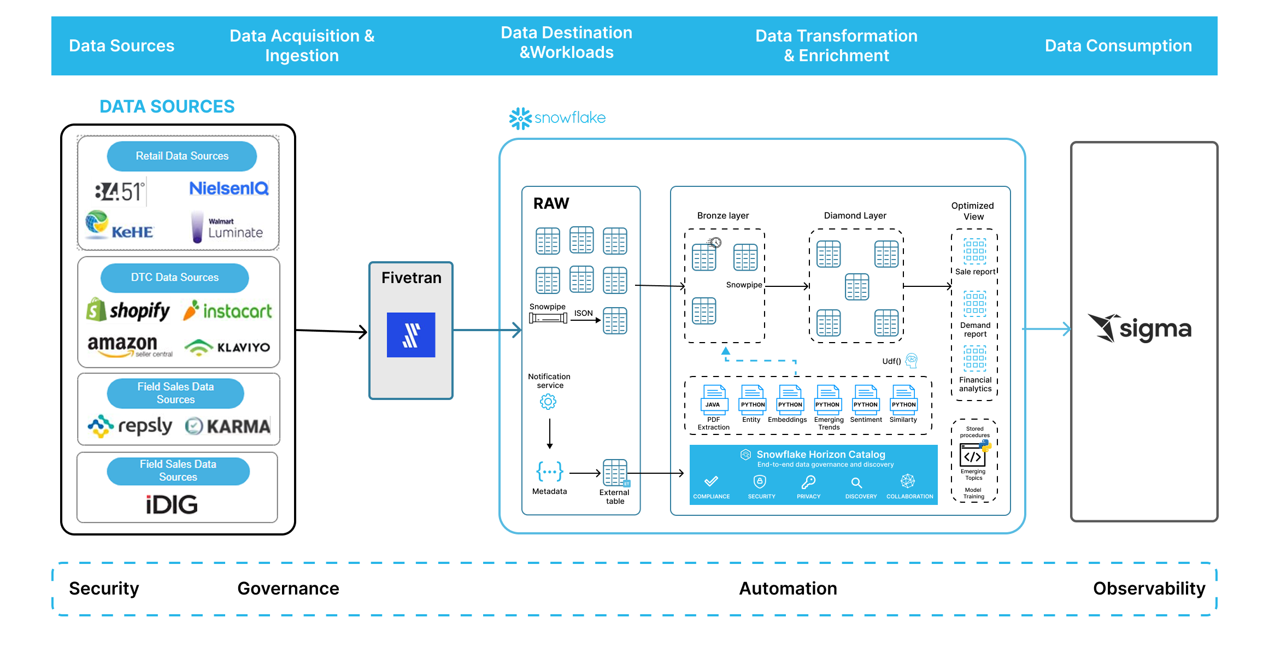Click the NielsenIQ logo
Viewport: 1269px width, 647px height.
pos(228,189)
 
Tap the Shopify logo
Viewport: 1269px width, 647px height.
pos(128,310)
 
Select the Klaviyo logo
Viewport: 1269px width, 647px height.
pos(227,348)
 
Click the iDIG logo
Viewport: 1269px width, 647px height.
pos(172,504)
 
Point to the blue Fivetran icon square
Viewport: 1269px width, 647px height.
pos(411,335)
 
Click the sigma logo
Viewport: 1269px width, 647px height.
pos(1140,328)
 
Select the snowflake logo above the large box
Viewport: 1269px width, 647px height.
pos(557,118)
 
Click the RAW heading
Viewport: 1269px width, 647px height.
pos(551,203)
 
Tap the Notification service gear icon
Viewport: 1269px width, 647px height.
pos(548,402)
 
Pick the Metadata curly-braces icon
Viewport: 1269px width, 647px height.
pos(549,471)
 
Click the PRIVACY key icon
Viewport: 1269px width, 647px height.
pos(809,482)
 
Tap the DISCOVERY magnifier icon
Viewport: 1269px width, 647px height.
pos(856,483)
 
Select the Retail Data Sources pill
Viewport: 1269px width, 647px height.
pos(182,156)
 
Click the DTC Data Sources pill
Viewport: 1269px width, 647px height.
pos(175,278)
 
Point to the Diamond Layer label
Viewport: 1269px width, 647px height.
pos(855,216)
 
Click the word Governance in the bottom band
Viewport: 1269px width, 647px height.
pos(288,589)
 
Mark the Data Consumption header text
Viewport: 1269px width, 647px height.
pos(1118,46)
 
